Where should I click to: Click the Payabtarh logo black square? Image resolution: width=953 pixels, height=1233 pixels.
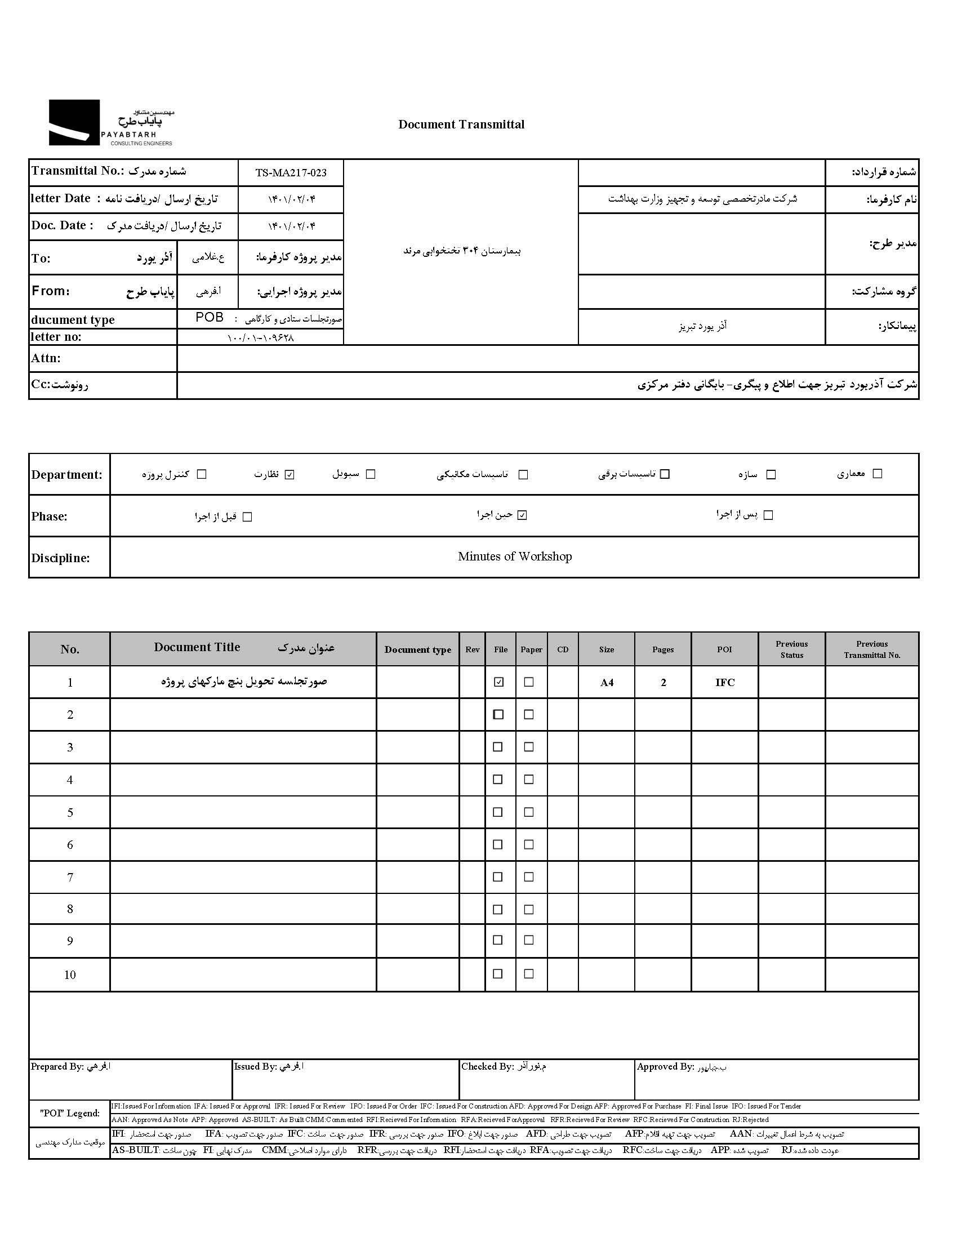coord(74,122)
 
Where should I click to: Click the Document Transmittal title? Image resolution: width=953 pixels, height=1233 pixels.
coord(461,124)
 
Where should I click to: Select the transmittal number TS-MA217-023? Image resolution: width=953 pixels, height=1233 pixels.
coord(291,173)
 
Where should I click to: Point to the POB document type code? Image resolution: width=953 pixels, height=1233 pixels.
coord(210,317)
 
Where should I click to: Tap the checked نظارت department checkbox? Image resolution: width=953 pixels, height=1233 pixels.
coord(290,475)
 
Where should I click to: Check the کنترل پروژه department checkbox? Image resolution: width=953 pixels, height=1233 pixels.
coord(202,474)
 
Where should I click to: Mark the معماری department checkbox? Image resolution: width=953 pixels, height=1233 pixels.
coord(877,474)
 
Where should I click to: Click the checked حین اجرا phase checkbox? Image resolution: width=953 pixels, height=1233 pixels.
coord(522,515)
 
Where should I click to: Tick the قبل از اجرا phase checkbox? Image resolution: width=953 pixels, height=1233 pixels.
coord(247,517)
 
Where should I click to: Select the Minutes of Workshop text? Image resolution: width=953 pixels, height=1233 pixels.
coord(514,557)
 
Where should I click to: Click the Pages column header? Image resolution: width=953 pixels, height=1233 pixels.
coord(663,649)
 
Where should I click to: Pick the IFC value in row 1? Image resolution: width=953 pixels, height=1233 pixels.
coord(725,683)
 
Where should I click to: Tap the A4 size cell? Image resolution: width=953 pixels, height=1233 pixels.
coord(607,683)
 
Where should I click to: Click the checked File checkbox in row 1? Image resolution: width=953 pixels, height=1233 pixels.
coord(498,682)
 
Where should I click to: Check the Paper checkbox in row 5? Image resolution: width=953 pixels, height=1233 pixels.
coord(529,812)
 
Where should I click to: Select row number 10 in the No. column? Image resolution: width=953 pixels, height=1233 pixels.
coord(70,975)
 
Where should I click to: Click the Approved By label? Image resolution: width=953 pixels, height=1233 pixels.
coord(665,1066)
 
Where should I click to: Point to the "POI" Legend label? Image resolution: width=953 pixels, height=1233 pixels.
coord(70,1114)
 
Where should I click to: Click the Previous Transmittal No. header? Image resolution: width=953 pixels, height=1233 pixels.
coord(872,649)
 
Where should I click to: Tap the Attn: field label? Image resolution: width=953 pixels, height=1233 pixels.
coord(46,358)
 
